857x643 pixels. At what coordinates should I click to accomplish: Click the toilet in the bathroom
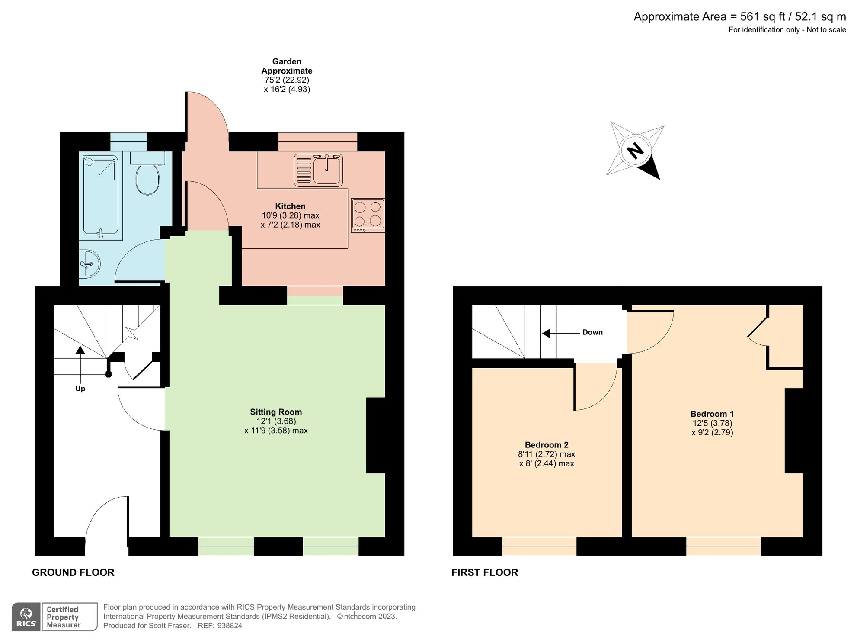[x=147, y=173]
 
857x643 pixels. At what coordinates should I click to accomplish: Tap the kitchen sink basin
[x=327, y=170]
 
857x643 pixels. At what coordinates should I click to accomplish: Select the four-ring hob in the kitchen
[x=368, y=215]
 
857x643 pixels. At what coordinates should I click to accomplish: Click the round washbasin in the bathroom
[x=89, y=264]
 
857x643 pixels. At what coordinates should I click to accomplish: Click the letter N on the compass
[x=635, y=151]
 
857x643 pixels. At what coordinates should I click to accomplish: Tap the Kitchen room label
[x=291, y=206]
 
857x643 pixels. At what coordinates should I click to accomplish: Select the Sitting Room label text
[x=276, y=412]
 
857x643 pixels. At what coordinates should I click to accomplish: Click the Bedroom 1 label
[x=712, y=414]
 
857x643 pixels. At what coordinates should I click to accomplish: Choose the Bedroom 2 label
[x=547, y=445]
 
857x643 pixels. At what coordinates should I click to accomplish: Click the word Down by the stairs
[x=592, y=332]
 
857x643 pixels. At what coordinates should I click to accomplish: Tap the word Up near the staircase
[x=80, y=389]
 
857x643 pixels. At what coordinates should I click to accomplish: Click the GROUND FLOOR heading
[x=73, y=572]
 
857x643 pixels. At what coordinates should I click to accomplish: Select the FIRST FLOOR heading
[x=485, y=572]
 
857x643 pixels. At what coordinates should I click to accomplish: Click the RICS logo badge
[x=26, y=617]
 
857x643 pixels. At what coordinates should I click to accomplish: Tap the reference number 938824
[x=229, y=626]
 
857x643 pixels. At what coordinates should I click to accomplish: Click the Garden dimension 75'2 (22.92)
[x=287, y=80]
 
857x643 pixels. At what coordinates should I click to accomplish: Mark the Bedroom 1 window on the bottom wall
[x=723, y=547]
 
